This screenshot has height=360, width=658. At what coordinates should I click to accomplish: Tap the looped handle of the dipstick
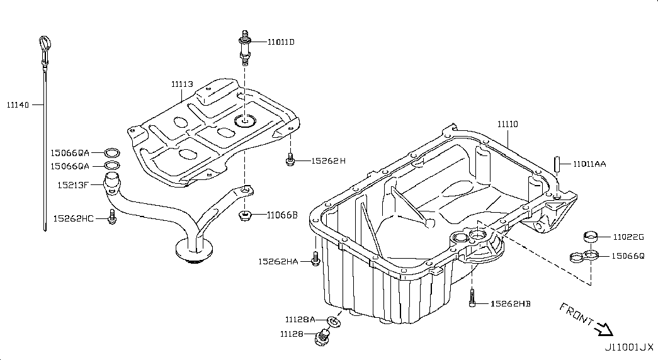point(43,44)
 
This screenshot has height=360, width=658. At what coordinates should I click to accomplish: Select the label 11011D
point(281,42)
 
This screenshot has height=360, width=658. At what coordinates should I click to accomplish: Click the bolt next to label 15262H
point(290,160)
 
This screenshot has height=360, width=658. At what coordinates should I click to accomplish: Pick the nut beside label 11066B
point(245,216)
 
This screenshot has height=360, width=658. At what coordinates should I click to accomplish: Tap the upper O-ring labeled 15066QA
point(112,152)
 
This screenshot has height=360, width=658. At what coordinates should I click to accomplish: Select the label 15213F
point(73,185)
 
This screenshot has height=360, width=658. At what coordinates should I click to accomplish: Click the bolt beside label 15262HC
point(111,218)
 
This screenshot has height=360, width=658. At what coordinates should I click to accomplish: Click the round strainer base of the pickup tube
point(191,251)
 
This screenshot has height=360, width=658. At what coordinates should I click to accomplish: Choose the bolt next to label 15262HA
point(315,259)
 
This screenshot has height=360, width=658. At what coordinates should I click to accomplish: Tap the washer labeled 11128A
point(336,322)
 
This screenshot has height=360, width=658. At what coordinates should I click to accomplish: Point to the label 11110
point(508,125)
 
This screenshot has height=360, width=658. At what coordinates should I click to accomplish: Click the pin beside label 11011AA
point(557,164)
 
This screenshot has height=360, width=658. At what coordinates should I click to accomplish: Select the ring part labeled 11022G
point(591,237)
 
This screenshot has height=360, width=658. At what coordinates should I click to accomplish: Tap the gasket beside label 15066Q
point(582,257)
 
